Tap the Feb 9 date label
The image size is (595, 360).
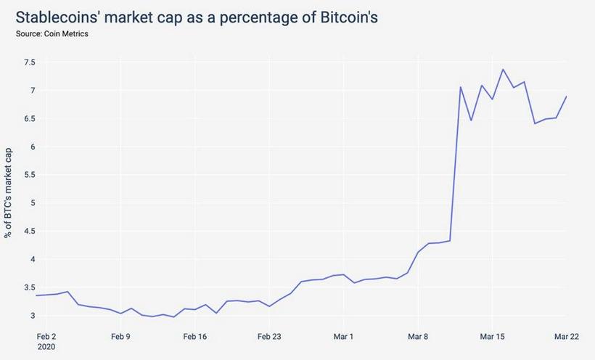tap(120, 336)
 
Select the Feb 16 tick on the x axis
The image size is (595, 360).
tap(195, 336)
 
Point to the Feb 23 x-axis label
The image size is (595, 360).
tap(269, 336)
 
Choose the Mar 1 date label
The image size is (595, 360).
tap(342, 336)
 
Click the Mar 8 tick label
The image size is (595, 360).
tap(417, 336)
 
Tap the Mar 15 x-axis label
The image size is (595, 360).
tap(492, 336)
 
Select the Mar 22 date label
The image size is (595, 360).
tap(566, 336)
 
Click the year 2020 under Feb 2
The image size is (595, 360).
tap(46, 347)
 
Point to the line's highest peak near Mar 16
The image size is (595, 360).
tap(503, 70)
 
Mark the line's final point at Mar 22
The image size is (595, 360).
tap(566, 97)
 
